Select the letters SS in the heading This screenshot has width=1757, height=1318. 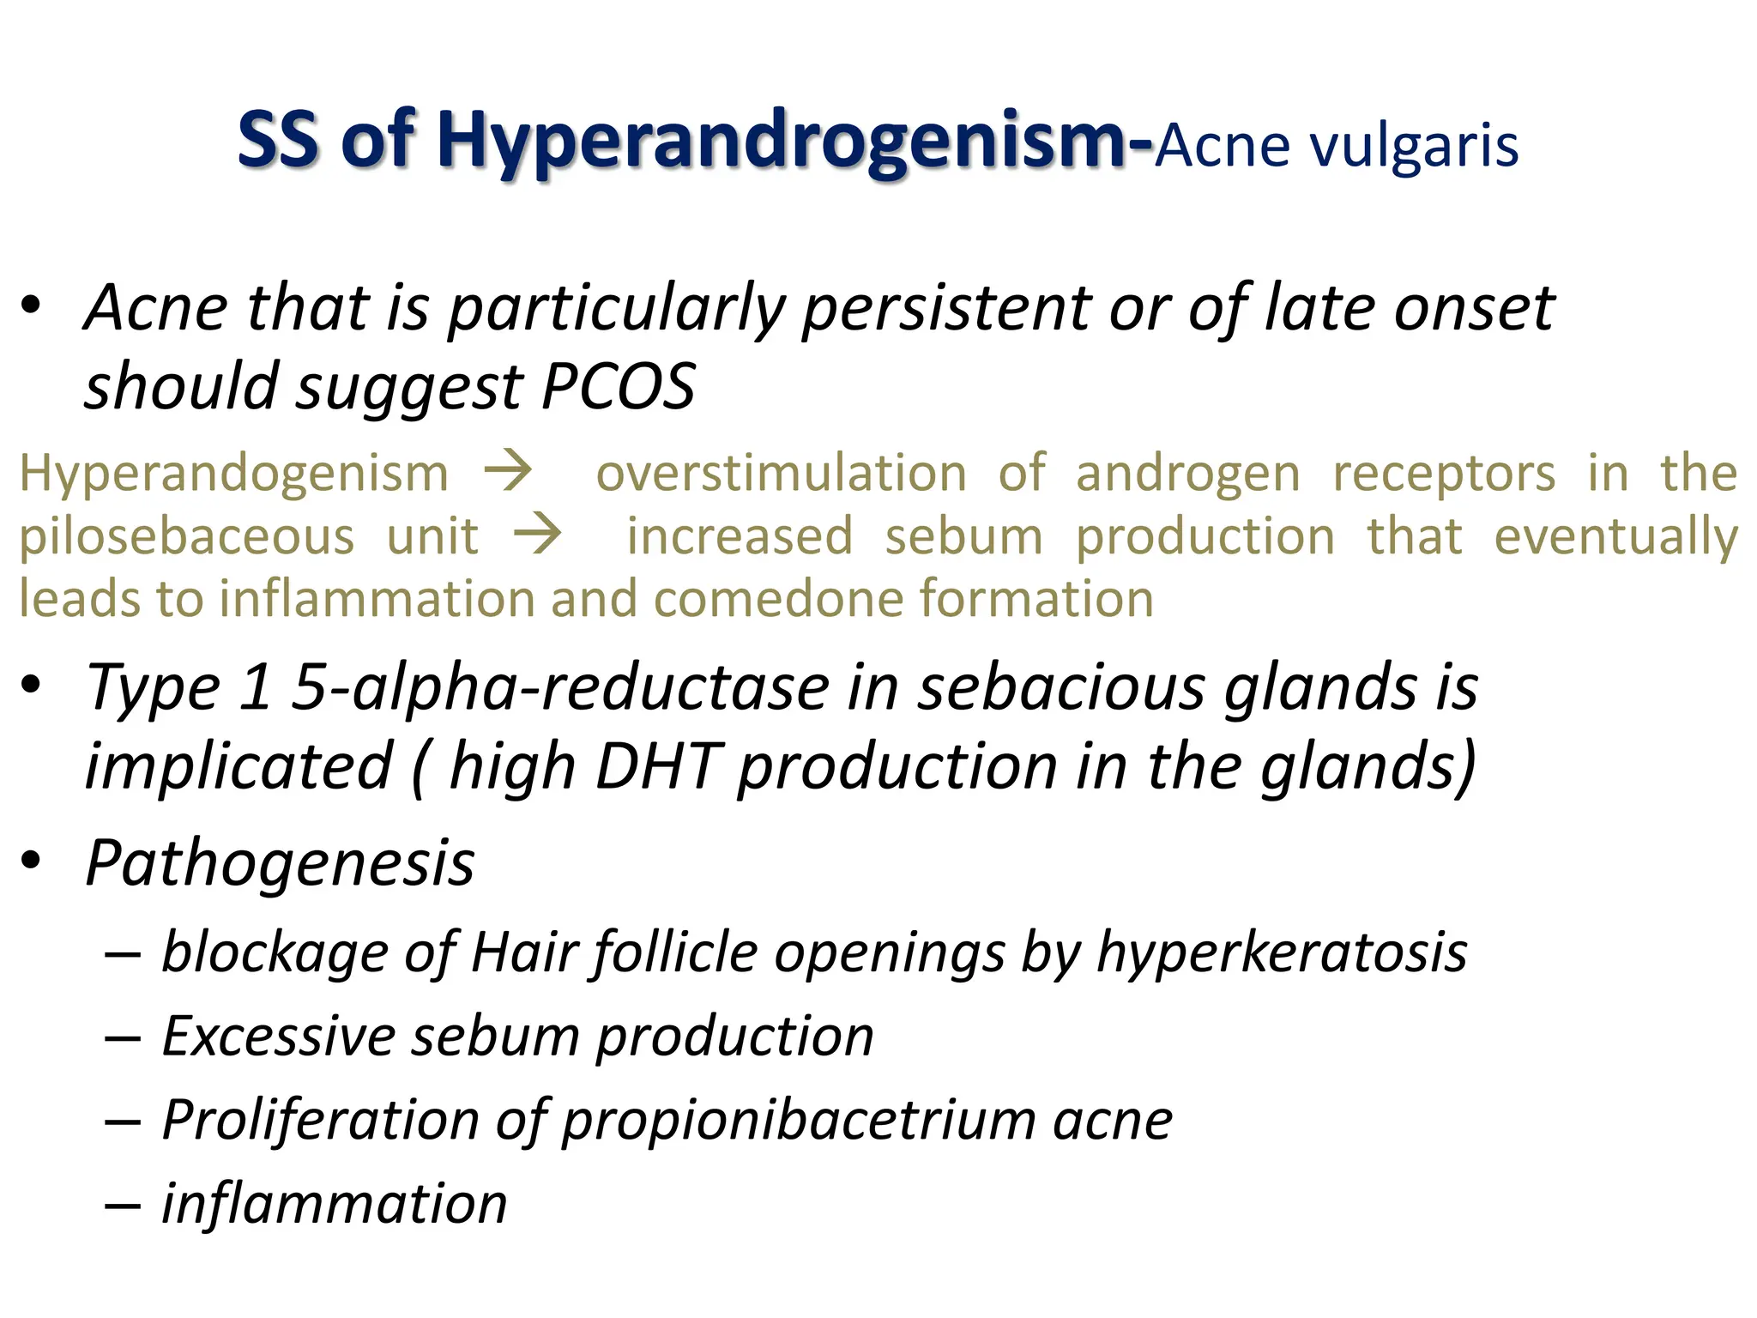point(276,140)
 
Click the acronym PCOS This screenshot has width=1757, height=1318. point(619,386)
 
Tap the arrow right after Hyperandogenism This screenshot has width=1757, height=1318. point(508,472)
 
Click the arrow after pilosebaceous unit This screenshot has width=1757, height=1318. point(538,535)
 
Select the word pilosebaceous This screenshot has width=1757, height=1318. point(187,537)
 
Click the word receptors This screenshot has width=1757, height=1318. point(1443,474)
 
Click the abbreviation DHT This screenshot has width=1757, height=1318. point(657,766)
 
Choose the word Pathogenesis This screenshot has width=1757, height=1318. point(281,863)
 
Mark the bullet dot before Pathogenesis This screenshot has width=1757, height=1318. point(32,861)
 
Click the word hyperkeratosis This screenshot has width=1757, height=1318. point(1282,952)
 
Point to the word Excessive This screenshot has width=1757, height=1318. point(278,1036)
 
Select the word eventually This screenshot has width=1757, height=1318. point(1616,537)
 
